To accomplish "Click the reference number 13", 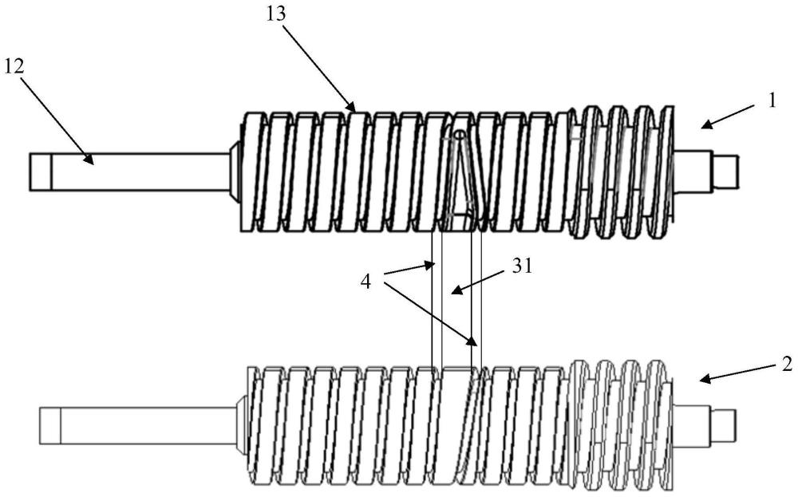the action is (x=275, y=14).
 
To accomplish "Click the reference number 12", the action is (x=14, y=66).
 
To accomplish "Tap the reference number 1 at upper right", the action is (x=772, y=101).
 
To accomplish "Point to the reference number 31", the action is (x=521, y=266).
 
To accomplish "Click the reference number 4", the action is (x=365, y=282).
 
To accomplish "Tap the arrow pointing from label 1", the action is (x=728, y=116).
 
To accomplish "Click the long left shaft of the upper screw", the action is (x=130, y=172).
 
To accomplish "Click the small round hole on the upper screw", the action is (x=459, y=134).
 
